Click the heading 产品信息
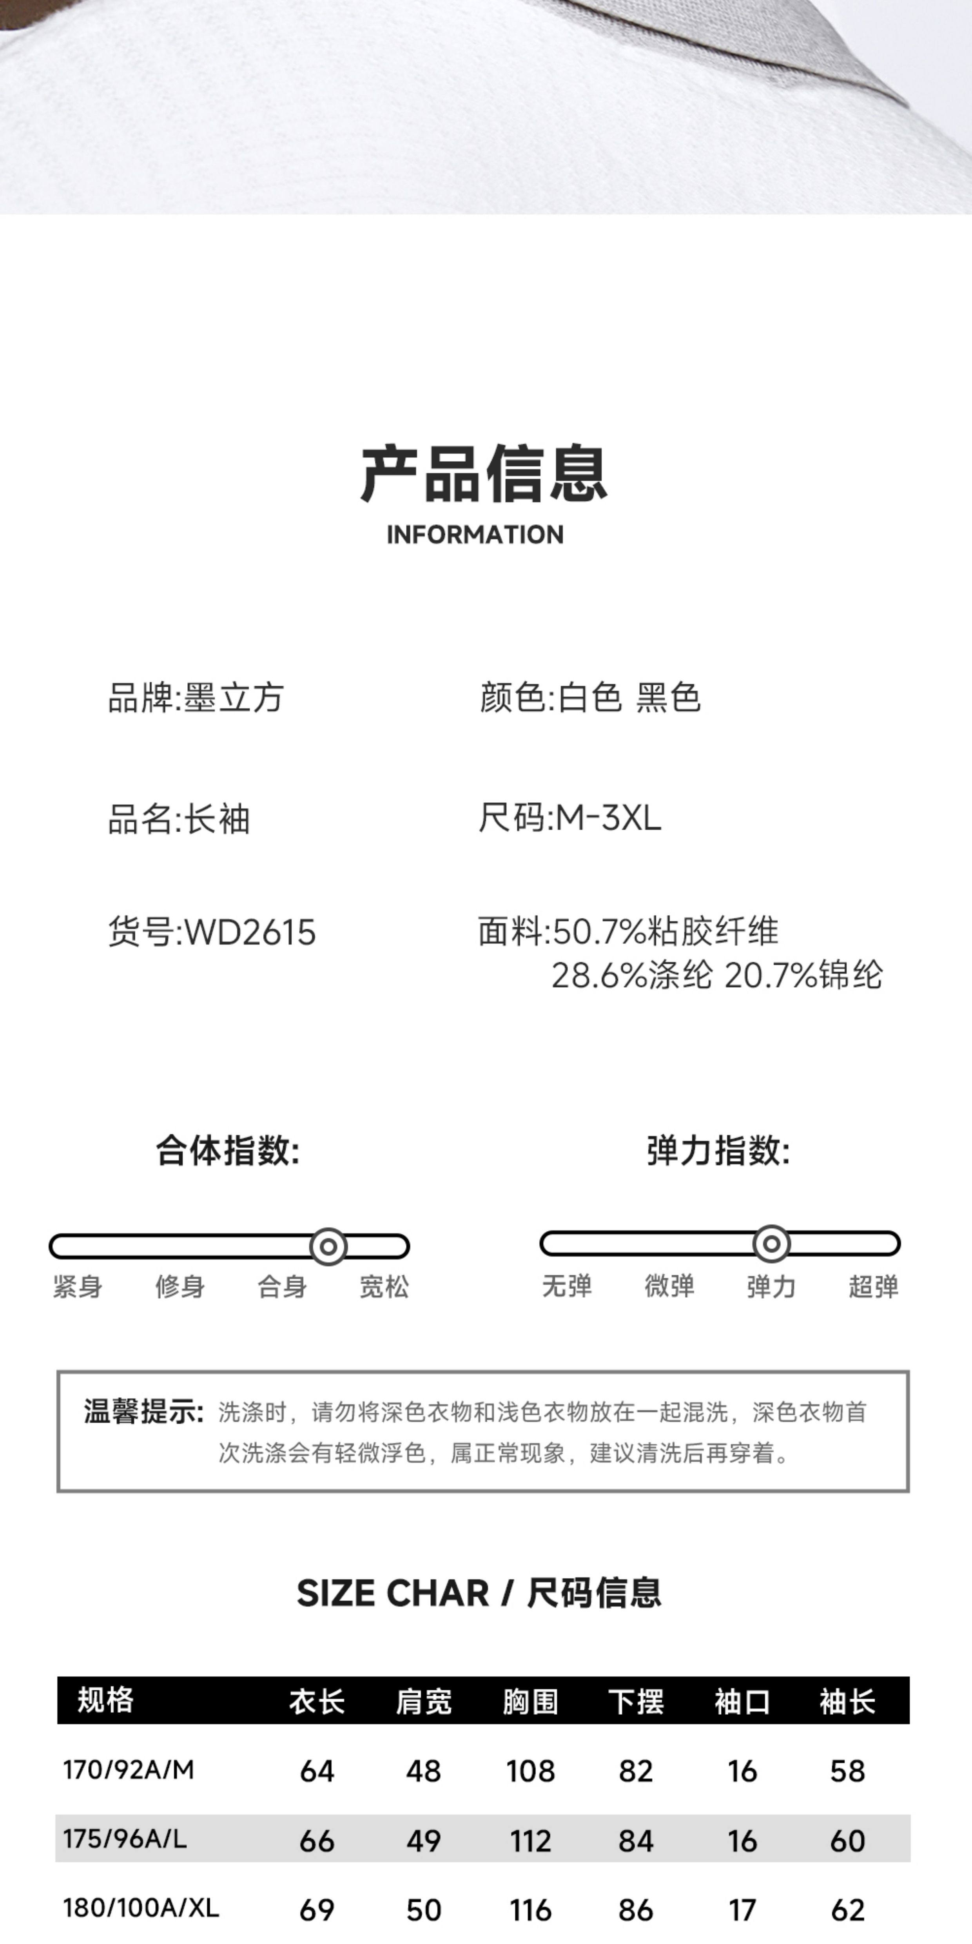[x=484, y=474]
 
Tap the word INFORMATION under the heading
[x=475, y=534]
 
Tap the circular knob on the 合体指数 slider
[x=328, y=1247]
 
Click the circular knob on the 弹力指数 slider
[x=771, y=1244]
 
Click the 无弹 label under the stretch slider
[x=567, y=1286]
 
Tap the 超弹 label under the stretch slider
[x=873, y=1286]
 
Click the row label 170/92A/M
[x=128, y=1770]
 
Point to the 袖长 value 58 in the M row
[x=847, y=1771]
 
